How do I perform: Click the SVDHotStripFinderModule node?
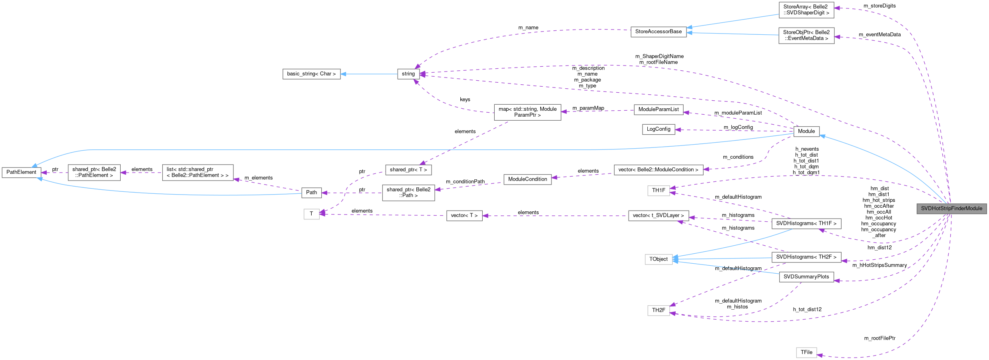[951, 209]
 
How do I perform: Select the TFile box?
[806, 352]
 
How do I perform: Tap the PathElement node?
[21, 172]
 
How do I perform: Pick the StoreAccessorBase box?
[658, 32]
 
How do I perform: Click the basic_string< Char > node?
[311, 74]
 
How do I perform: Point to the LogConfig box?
[658, 129]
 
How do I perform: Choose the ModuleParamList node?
[658, 109]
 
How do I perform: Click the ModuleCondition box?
[527, 179]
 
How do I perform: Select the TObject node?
[658, 259]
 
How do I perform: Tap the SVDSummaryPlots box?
[806, 277]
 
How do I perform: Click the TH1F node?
[658, 191]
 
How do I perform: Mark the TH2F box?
[658, 310]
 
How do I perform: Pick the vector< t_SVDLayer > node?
[658, 216]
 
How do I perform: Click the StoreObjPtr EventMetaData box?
[806, 36]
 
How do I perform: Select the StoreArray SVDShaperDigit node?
[806, 10]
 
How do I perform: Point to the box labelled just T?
[311, 214]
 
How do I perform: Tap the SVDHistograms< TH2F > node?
[806, 257]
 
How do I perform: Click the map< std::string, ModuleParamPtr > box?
[527, 112]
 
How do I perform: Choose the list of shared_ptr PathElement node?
[197, 173]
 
